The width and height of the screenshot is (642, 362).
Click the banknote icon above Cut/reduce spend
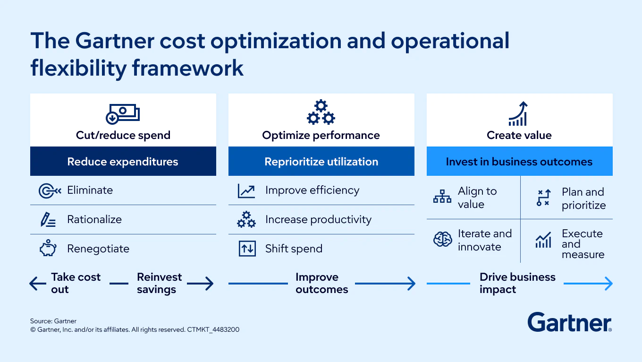pyautogui.click(x=123, y=114)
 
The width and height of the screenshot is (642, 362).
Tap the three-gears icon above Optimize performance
pyautogui.click(x=321, y=112)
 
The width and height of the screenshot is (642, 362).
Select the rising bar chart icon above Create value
pyautogui.click(x=518, y=113)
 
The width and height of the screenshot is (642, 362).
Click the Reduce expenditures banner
pyautogui.click(x=123, y=161)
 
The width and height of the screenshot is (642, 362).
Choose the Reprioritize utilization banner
pyautogui.click(x=321, y=161)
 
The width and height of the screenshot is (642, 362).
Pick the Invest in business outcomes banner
pyautogui.click(x=520, y=161)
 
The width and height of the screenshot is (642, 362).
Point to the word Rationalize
pyautogui.click(x=94, y=219)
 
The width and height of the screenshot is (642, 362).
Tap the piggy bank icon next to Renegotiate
pyautogui.click(x=48, y=248)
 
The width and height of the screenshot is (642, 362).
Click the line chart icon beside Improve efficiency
pyautogui.click(x=246, y=191)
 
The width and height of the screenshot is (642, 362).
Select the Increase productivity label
pyautogui.click(x=318, y=220)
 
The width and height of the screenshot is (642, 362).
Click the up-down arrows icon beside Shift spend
pyautogui.click(x=247, y=249)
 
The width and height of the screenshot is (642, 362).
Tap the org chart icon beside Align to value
pyautogui.click(x=442, y=196)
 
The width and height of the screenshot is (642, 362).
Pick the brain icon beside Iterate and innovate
pyautogui.click(x=442, y=239)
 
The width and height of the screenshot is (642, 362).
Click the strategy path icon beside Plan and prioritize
pyautogui.click(x=543, y=198)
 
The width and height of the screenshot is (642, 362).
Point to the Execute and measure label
pyautogui.click(x=583, y=244)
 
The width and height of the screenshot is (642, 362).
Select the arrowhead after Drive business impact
pyautogui.click(x=608, y=284)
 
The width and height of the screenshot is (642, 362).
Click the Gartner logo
pyautogui.click(x=569, y=322)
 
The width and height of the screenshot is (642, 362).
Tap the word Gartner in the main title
pyautogui.click(x=115, y=41)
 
